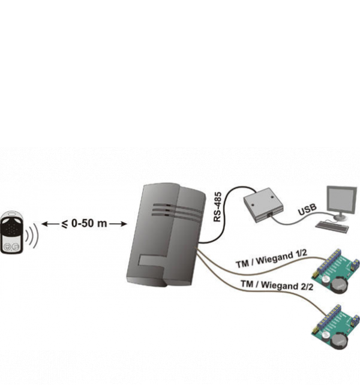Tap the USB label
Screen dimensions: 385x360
307,210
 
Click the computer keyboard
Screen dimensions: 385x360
332,227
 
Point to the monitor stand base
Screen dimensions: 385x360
340,216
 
